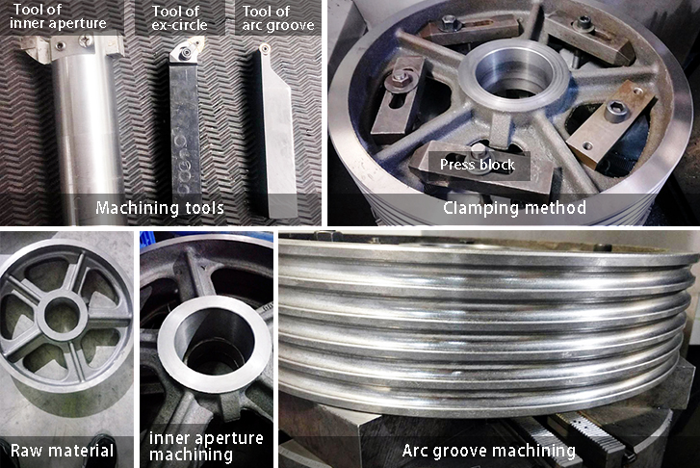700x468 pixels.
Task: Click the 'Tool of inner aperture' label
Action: [58, 16]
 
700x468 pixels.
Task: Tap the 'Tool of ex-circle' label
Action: [179, 18]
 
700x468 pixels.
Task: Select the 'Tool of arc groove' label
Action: [278, 18]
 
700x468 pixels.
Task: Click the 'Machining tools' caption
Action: [160, 208]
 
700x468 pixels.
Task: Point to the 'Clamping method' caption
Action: [514, 208]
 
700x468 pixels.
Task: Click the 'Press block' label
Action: [478, 165]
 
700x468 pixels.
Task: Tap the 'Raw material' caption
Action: [62, 450]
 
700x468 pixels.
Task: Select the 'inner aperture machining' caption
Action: [206, 446]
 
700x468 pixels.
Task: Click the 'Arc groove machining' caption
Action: [489, 450]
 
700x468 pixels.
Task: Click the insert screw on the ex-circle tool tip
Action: [184, 54]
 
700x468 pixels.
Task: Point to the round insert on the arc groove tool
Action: [265, 48]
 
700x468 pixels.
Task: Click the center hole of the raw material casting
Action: [62, 314]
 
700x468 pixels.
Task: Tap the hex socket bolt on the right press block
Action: [614, 111]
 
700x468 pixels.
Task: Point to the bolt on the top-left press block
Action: [449, 23]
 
